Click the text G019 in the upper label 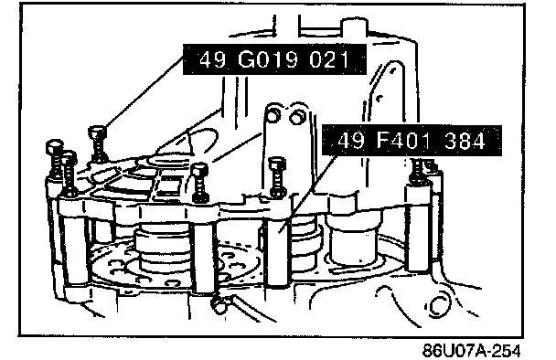click(268, 59)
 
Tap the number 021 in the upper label click(328, 59)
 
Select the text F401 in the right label click(404, 141)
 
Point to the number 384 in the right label click(465, 141)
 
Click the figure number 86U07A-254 click(472, 351)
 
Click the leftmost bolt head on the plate click(55, 146)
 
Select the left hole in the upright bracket click(273, 114)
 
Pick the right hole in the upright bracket click(295, 117)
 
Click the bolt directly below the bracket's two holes click(277, 177)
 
